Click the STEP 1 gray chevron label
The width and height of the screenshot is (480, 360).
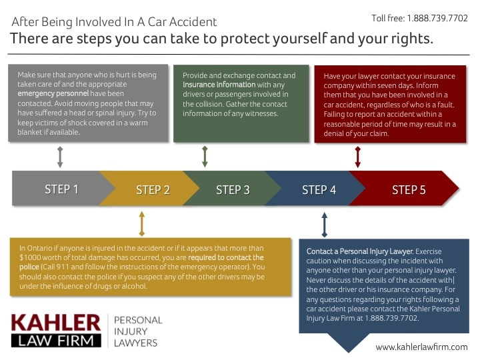click(61, 189)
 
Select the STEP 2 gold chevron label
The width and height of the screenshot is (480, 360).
click(153, 190)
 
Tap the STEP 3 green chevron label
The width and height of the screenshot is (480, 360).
click(233, 190)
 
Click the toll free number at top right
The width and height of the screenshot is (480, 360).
click(419, 18)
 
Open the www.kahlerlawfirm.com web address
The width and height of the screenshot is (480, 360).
click(421, 347)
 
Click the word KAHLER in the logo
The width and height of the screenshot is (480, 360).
click(56, 323)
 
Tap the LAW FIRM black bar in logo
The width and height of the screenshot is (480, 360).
click(56, 340)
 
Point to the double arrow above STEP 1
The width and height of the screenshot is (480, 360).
click(60, 157)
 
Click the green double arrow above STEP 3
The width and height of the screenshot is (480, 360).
click(205, 156)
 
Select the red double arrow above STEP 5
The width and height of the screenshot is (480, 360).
click(358, 157)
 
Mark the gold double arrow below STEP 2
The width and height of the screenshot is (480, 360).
click(141, 223)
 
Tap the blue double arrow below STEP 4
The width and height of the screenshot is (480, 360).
click(325, 225)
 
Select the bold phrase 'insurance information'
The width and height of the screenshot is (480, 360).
click(219, 85)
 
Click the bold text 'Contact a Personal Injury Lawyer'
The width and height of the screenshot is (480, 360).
click(359, 252)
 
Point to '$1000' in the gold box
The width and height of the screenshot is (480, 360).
click(31, 257)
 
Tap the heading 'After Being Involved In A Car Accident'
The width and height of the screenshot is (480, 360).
click(114, 22)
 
